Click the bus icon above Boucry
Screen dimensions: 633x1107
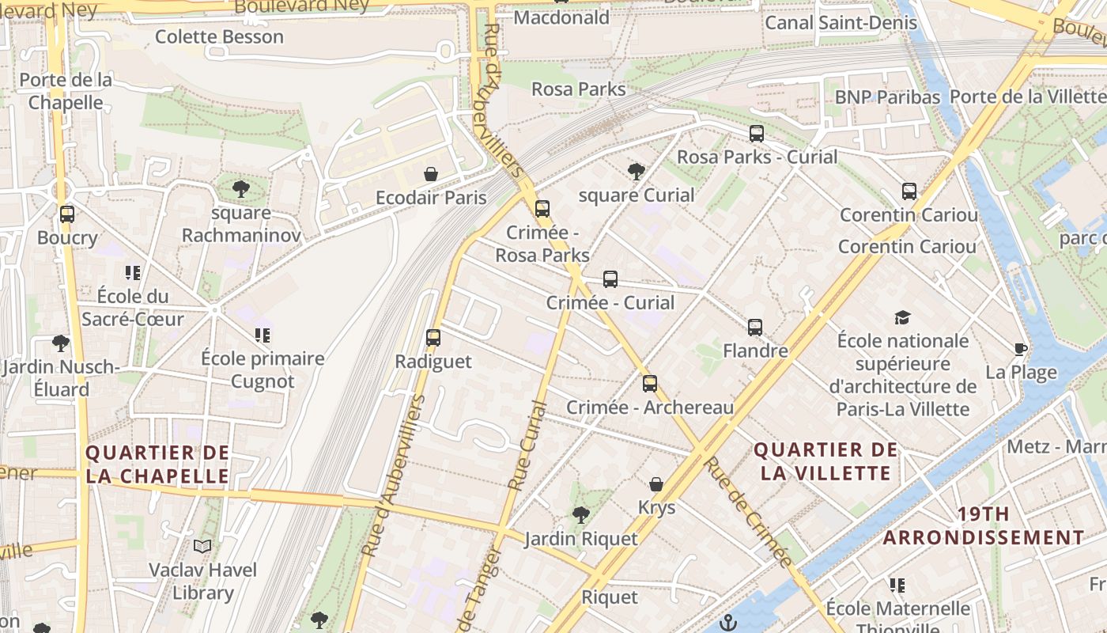(x=67, y=214)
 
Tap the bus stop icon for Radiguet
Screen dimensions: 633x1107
(x=433, y=338)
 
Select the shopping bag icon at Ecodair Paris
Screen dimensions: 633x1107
(x=431, y=174)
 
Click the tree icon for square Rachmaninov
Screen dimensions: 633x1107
(x=241, y=189)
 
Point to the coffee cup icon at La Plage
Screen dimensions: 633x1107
(x=1021, y=349)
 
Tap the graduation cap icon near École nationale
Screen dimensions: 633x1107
(x=902, y=318)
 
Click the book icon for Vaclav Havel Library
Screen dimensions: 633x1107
(x=202, y=546)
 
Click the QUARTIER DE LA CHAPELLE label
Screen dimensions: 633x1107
(x=157, y=464)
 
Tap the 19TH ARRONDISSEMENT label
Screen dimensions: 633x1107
(x=983, y=525)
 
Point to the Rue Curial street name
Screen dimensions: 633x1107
(x=527, y=446)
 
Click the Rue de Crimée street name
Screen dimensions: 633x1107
(x=747, y=511)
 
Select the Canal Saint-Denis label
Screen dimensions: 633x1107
(x=841, y=23)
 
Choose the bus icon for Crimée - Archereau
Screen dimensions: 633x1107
(x=650, y=384)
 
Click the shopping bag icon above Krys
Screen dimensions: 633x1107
(x=656, y=484)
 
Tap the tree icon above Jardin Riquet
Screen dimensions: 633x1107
(x=581, y=515)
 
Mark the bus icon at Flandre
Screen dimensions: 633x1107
(x=755, y=328)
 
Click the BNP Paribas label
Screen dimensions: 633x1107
(x=887, y=97)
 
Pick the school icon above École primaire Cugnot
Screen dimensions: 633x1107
(x=263, y=335)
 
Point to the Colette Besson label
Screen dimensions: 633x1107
(x=219, y=36)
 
